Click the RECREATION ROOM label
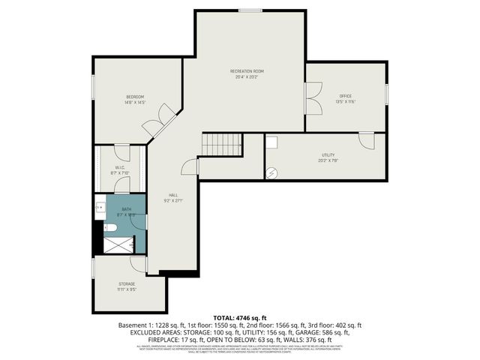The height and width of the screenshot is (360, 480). [247, 71]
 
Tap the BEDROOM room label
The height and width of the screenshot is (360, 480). [134, 97]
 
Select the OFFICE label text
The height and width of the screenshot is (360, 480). [345, 96]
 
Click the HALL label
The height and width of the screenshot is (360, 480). [172, 195]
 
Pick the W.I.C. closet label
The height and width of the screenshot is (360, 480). [120, 167]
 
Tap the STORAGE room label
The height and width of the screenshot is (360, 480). [126, 283]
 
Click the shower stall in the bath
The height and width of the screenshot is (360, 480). [121, 244]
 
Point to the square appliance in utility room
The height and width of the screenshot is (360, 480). [272, 142]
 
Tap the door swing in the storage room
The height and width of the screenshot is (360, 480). [138, 263]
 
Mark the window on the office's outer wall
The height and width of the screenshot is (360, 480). [387, 94]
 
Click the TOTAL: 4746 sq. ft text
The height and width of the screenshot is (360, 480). [239, 318]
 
